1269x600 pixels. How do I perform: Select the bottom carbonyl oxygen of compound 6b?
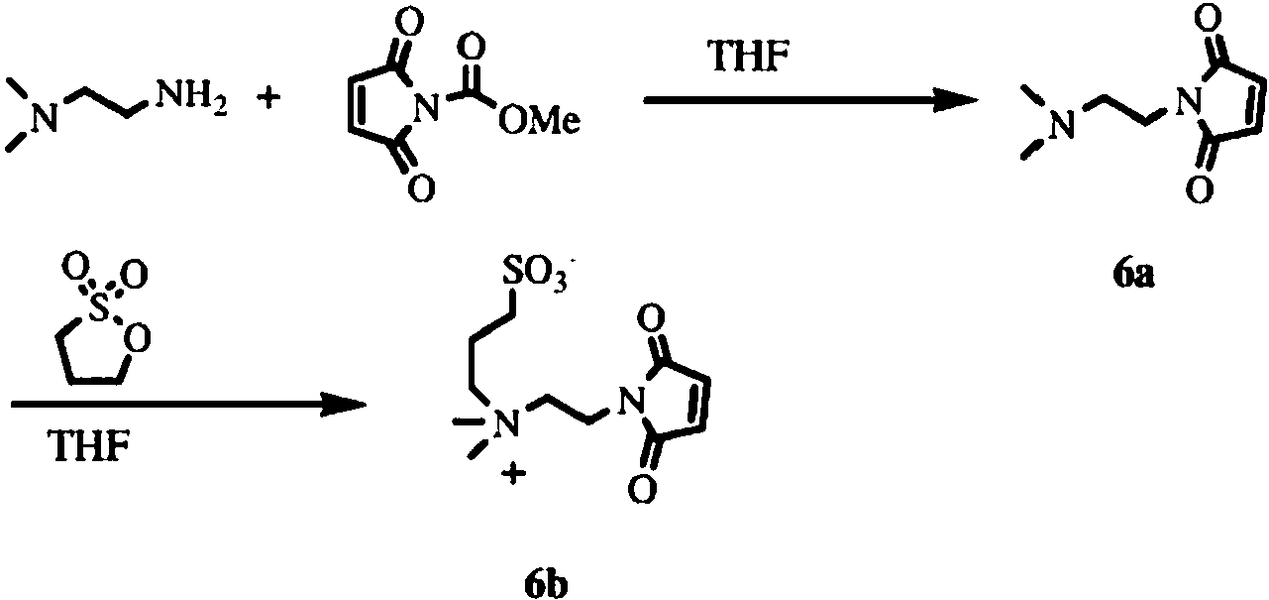tap(642, 487)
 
